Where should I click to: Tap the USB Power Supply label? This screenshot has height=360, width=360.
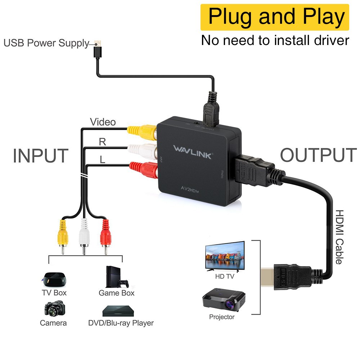[46, 44]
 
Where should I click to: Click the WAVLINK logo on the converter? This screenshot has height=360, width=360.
[193, 149]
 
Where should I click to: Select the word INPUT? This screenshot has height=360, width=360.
[40, 156]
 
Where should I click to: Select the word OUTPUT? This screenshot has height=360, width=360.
[318, 155]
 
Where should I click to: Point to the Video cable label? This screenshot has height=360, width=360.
[103, 122]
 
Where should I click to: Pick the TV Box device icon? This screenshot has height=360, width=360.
[54, 278]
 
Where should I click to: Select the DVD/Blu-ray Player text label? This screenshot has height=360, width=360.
[121, 323]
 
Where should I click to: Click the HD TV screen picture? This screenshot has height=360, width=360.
[225, 256]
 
